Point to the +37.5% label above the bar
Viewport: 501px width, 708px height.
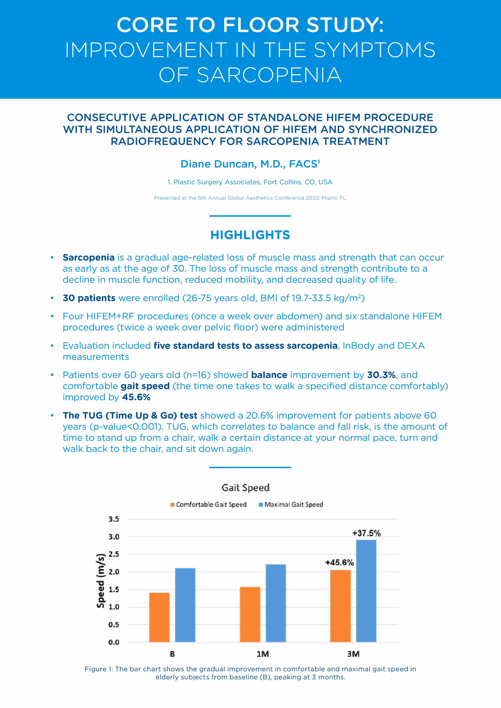pos(366,533)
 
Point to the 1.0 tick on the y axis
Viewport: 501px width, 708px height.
pos(114,607)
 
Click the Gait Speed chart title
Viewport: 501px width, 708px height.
pos(245,488)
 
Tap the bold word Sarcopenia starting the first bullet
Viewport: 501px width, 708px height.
pos(89,258)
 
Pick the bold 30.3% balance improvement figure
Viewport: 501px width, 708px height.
pos(381,375)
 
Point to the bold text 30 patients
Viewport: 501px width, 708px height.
pos(89,298)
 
